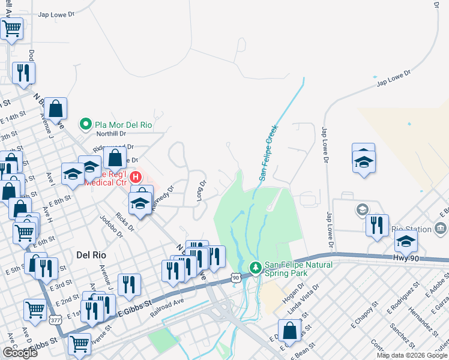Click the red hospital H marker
136,178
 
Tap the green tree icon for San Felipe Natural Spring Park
255,267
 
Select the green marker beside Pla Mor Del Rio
85,125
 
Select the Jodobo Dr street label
110,227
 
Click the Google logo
19,353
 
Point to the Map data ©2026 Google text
411,355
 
